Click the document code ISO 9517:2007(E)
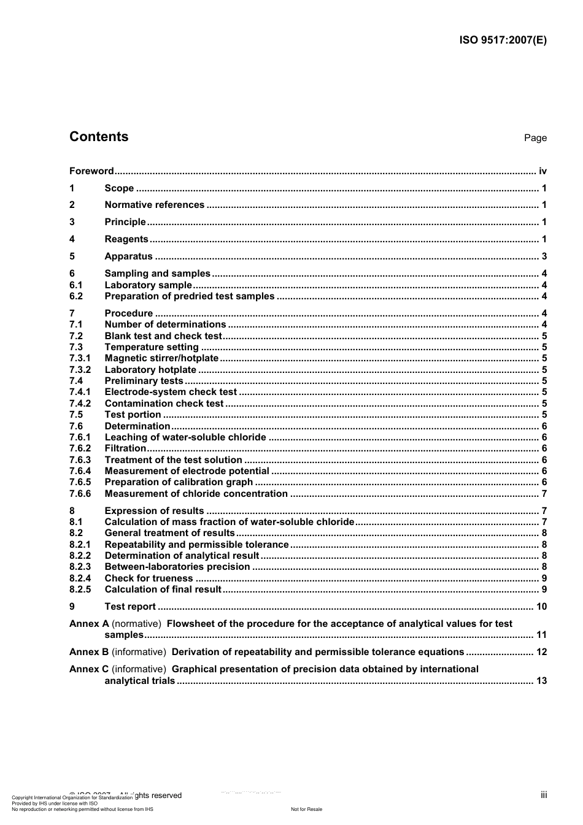[x=503, y=40]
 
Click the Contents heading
[x=99, y=137]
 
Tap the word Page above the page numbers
[x=535, y=138]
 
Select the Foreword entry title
[x=91, y=171]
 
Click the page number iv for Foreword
[x=542, y=171]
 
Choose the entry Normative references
[x=154, y=205]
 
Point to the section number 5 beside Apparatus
[x=72, y=256]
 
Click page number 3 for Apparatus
[x=544, y=256]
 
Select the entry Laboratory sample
[x=148, y=285]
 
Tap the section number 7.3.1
[x=80, y=358]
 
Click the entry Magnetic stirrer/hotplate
[x=161, y=358]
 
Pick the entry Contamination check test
[x=164, y=404]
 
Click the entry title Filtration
[x=125, y=448]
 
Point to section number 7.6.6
[x=80, y=494]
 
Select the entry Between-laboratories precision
[x=177, y=567]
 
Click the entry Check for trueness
[x=149, y=578]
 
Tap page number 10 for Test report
[x=541, y=607]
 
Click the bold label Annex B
[x=89, y=652]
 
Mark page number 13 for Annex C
[x=541, y=681]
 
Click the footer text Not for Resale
[x=306, y=809]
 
